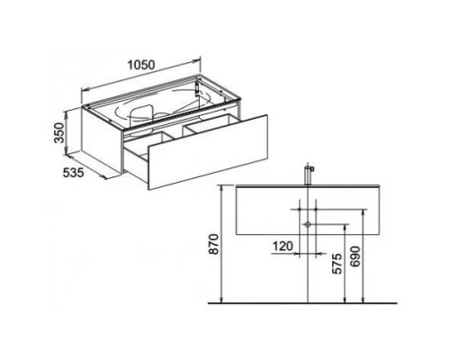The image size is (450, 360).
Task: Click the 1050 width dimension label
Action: (x=141, y=65)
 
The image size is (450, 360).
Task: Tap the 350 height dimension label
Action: (x=59, y=133)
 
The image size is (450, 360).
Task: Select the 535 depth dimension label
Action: (x=73, y=173)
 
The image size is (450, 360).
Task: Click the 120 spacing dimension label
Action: (x=283, y=247)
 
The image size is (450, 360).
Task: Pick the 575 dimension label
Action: (x=337, y=264)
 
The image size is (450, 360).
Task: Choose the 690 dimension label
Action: (x=355, y=256)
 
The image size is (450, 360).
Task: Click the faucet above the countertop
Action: (x=309, y=175)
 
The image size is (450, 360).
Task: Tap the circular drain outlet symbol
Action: (x=308, y=224)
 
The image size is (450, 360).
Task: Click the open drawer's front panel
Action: (x=208, y=152)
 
